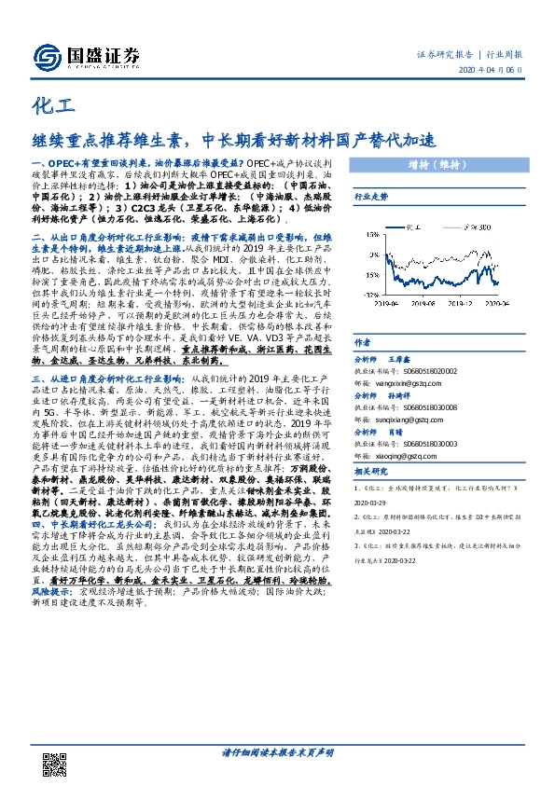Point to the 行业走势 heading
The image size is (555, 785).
tap(370, 199)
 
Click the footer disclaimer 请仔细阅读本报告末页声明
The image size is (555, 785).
tap(277, 751)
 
